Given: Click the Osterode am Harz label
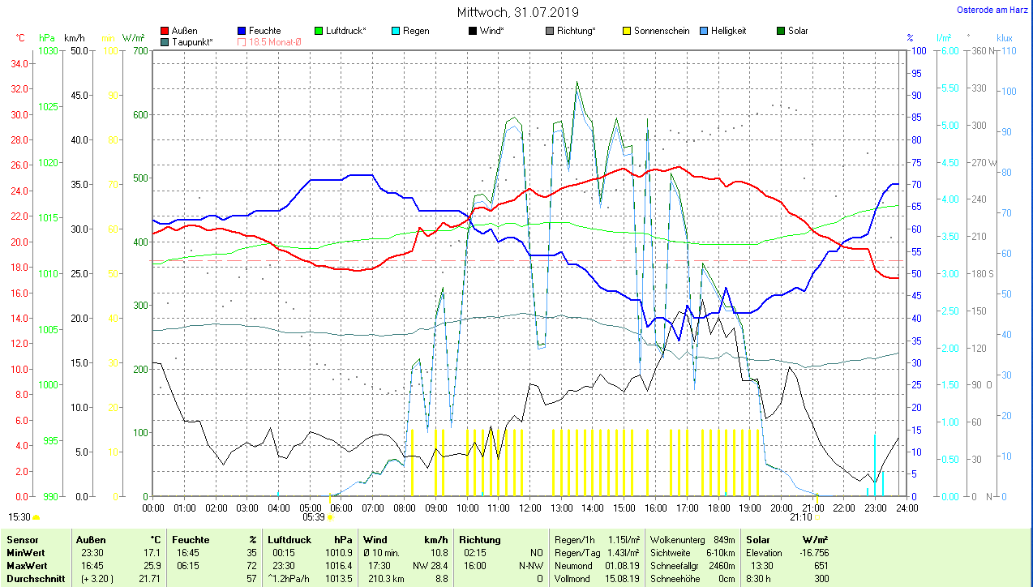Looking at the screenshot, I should [x=992, y=10].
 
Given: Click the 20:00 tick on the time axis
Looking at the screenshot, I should [x=780, y=508].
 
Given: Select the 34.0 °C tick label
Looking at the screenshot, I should [x=21, y=62].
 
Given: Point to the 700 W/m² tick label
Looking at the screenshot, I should [x=139, y=50].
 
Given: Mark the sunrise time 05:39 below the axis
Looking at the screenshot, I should [x=313, y=516].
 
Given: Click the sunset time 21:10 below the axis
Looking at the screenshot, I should [x=800, y=516].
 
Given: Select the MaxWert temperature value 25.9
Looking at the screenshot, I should [x=151, y=565].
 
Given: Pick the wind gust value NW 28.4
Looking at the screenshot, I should [x=431, y=565].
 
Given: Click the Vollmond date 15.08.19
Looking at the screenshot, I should [x=621, y=578].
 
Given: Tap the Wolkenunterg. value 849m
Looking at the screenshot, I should [x=718, y=539].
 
